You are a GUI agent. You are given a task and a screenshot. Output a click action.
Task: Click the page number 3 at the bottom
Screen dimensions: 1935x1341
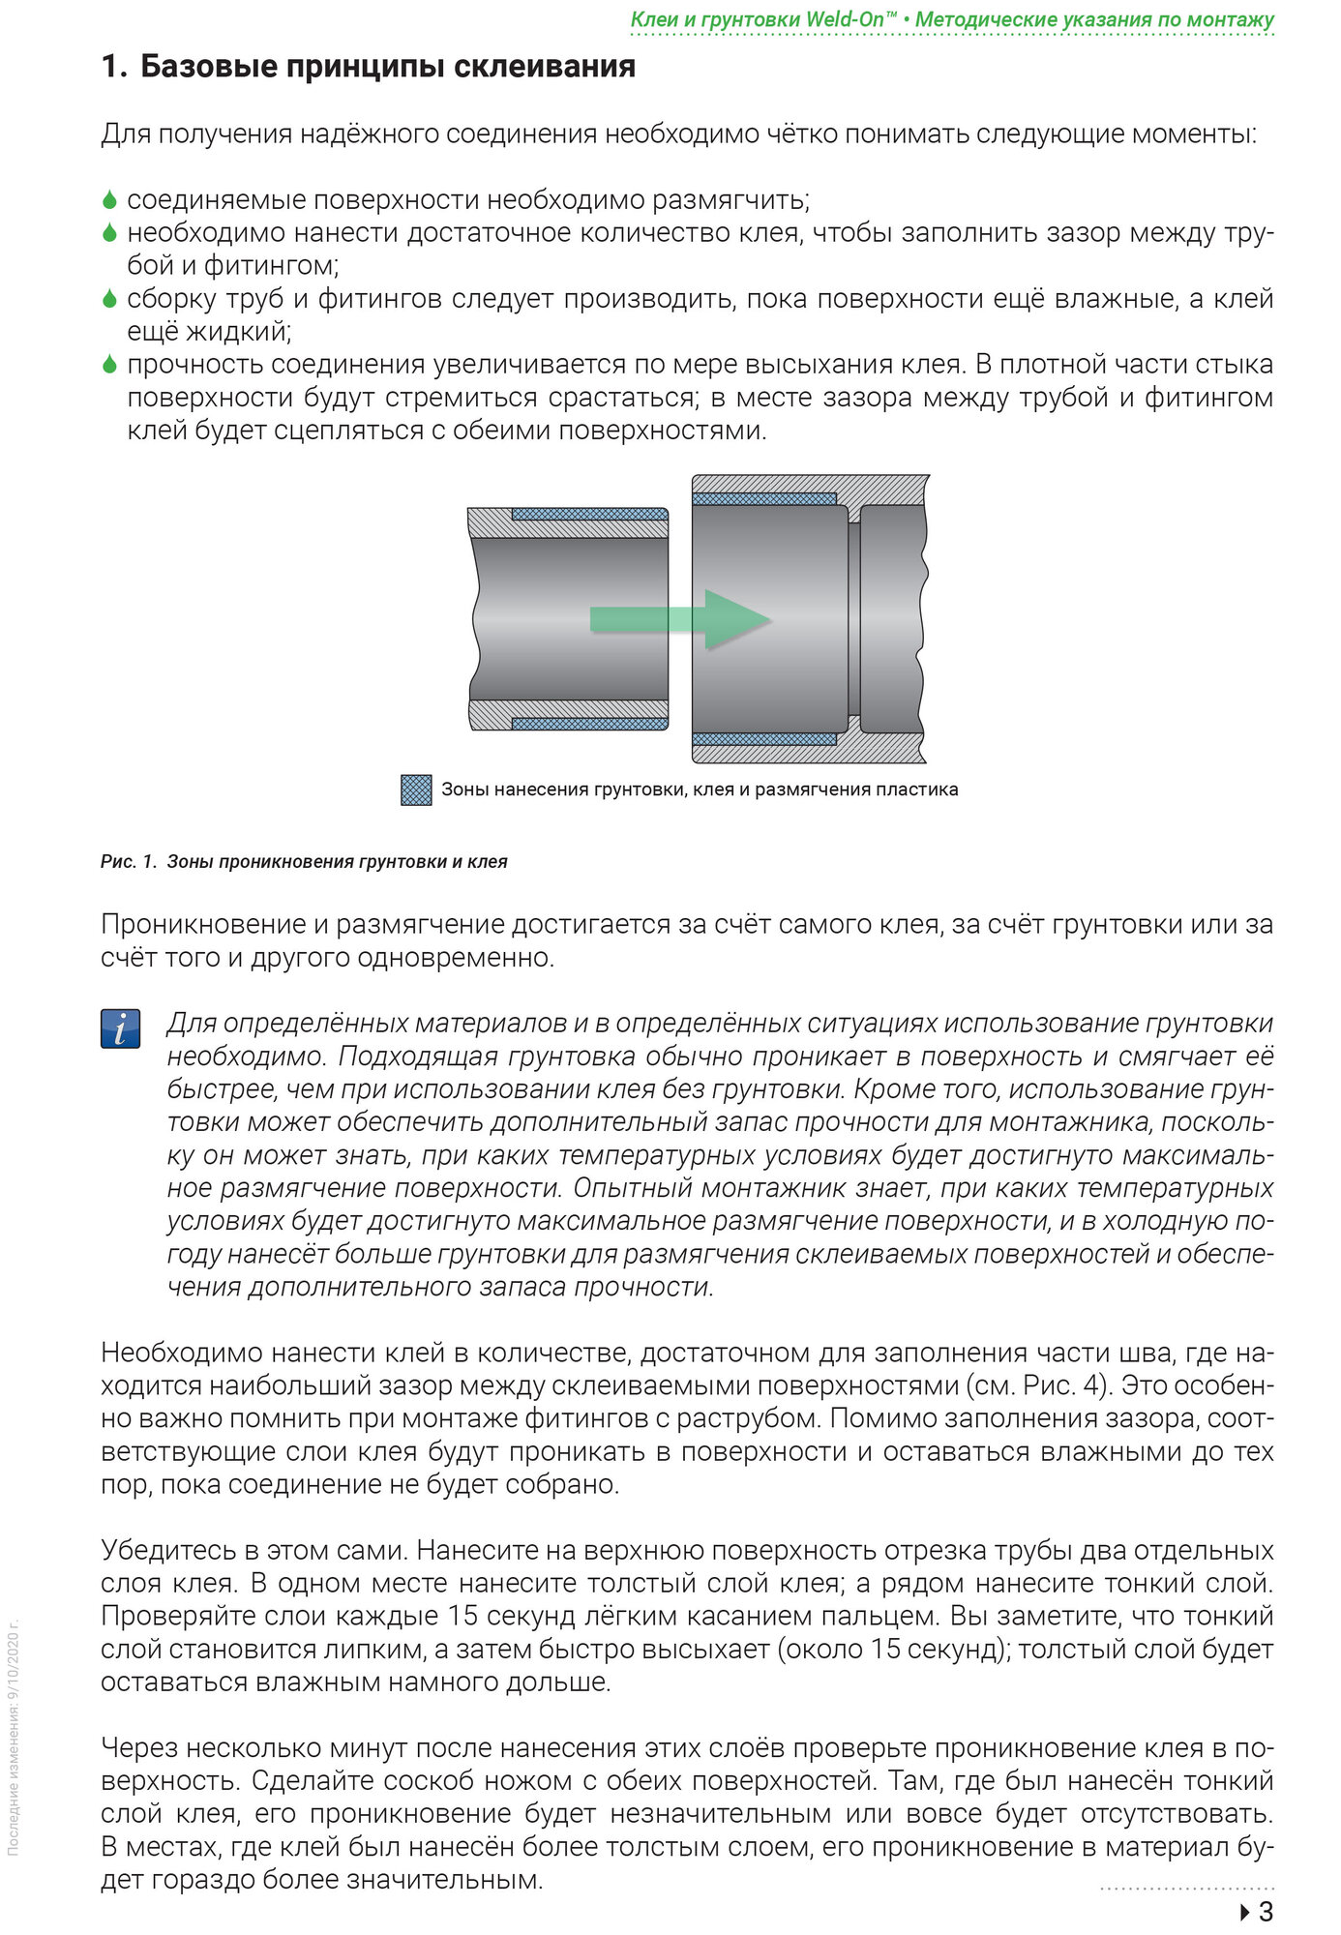pyautogui.click(x=1266, y=1912)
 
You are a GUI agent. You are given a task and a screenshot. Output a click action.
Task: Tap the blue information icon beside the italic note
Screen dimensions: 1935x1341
pyautogui.click(x=120, y=1028)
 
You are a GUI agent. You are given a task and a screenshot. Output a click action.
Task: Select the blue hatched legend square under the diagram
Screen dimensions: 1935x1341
pyautogui.click(x=416, y=789)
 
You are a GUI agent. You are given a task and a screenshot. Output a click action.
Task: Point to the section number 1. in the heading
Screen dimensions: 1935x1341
pyautogui.click(x=113, y=67)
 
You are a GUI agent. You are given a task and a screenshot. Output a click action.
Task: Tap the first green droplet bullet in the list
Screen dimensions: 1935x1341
pyautogui.click(x=109, y=200)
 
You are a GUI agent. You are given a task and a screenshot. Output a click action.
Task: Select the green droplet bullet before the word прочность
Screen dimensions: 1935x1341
pyautogui.click(x=109, y=365)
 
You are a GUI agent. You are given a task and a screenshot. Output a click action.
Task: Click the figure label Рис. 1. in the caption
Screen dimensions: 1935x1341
pyautogui.click(x=128, y=862)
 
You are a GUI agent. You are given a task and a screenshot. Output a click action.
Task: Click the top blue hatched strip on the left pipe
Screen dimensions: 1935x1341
pyautogui.click(x=588, y=514)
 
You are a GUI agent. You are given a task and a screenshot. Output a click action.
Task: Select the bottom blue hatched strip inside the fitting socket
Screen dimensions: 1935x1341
pyautogui.click(x=764, y=739)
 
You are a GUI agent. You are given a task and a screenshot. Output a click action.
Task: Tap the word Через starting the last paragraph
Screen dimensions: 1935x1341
pyautogui.click(x=138, y=1747)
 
